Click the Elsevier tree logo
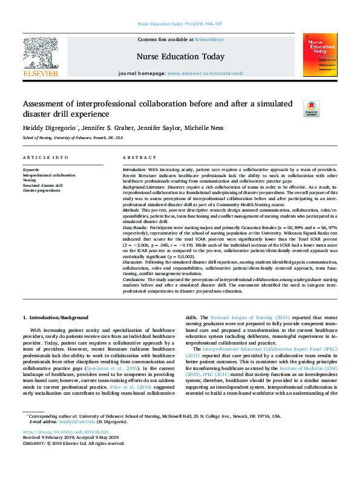point(41,53)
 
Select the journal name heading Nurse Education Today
point(181,57)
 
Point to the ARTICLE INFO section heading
point(45,158)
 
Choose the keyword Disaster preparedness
point(42,190)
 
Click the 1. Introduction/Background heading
point(55,317)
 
